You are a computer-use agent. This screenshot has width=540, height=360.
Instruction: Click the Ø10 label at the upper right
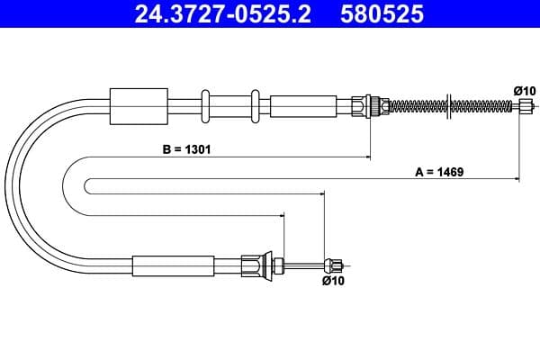[524, 90]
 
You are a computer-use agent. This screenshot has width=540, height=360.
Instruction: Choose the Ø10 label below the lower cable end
[332, 281]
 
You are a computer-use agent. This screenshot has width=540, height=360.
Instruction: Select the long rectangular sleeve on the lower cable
[173, 265]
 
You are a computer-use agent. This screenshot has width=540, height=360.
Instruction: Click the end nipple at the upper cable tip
[526, 105]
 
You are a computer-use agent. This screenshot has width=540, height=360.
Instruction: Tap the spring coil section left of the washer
[415, 105]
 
